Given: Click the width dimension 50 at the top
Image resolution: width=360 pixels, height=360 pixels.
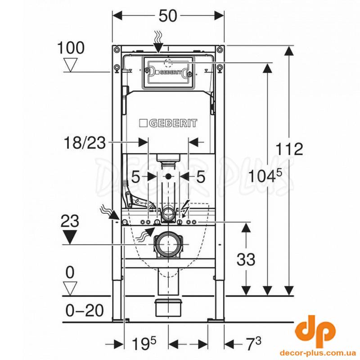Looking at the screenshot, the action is point(168,16).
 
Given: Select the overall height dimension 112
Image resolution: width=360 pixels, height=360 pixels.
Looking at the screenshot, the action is point(289,149).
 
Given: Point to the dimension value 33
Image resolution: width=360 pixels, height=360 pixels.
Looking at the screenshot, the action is point(246,260).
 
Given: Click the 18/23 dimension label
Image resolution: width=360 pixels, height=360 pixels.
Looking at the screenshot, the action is point(85,143).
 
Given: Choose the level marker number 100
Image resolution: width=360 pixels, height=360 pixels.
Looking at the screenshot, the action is point(71,48).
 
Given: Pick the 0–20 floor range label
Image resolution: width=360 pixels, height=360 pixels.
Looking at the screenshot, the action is point(85,310).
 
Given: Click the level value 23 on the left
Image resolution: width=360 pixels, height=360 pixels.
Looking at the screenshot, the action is point(70,220).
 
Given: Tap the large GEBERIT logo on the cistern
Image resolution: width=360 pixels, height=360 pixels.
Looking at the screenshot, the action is point(168,123).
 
